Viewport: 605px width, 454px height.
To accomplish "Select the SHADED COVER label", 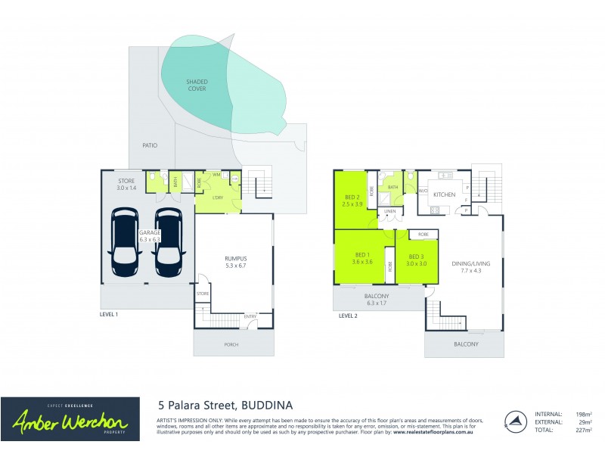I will point(197,85).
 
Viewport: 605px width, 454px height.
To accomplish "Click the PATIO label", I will point(149,144).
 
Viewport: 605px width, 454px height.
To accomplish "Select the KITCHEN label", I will point(443,194).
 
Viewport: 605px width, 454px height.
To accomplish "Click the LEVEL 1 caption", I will point(110,313).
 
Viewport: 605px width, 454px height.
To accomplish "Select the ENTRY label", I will point(250,316).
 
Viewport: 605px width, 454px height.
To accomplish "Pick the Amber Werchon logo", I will point(70,419).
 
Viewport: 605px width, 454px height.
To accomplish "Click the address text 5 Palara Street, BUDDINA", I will point(225,406).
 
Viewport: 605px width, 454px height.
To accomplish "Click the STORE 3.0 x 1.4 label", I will point(126,185).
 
